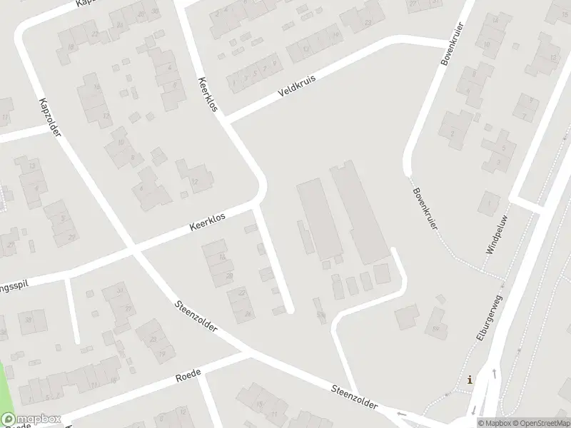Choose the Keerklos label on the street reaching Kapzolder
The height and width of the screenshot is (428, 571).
pyautogui.click(x=208, y=223)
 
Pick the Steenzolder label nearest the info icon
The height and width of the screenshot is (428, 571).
pyautogui.click(x=354, y=397)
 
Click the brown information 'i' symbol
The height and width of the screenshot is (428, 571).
pyautogui.click(x=469, y=379)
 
